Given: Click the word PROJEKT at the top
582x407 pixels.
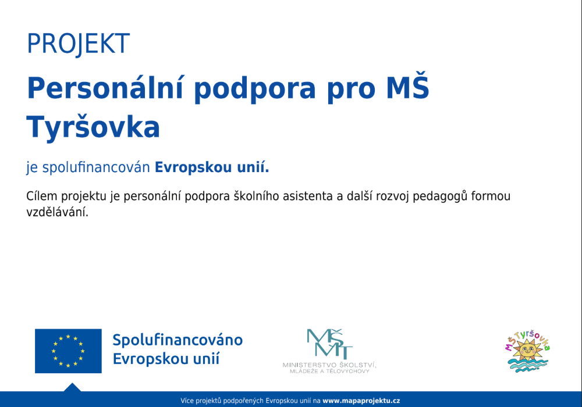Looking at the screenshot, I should (x=78, y=44).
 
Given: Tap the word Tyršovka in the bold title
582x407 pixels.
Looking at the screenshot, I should (x=93, y=127).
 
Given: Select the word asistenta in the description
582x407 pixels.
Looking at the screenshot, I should (x=307, y=196).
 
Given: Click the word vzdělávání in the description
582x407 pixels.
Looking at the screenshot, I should (x=57, y=213).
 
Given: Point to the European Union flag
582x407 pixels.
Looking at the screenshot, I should (x=68, y=351).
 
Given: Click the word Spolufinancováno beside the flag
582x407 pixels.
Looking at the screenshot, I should (x=178, y=340).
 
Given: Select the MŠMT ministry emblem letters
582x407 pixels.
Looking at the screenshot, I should (x=329, y=344).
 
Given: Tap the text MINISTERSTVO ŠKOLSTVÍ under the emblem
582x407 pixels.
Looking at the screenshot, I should (x=329, y=365).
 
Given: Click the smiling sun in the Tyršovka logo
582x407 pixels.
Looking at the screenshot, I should (x=527, y=351).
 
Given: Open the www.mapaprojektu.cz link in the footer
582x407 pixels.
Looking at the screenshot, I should (x=361, y=401).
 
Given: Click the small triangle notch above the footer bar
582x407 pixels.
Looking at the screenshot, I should (x=72, y=387).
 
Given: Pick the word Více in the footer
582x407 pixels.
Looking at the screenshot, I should (x=187, y=401).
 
